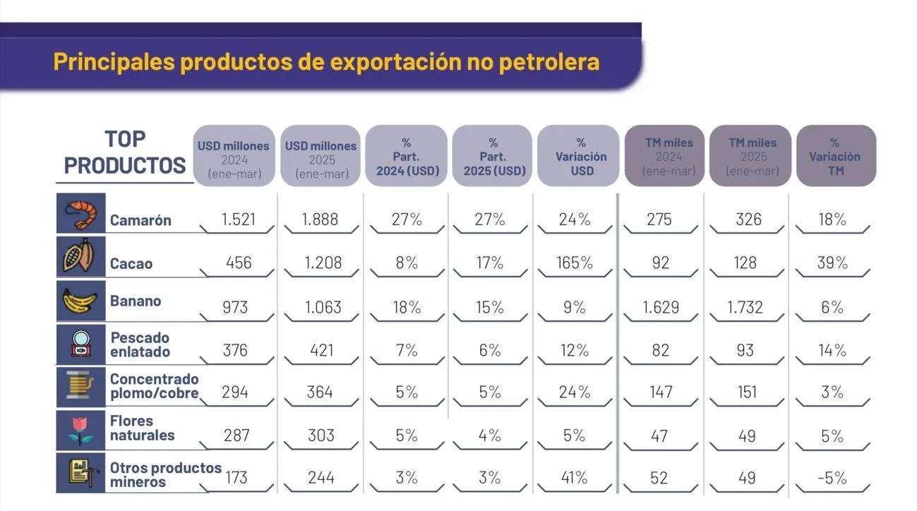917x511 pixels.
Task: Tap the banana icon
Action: pos(80,301)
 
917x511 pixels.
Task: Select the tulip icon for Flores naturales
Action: pos(80,431)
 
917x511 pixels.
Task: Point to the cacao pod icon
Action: pos(79,255)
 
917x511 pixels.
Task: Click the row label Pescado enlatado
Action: pos(140,344)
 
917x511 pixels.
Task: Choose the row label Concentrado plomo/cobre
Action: pos(155,386)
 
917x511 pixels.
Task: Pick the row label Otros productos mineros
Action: pos(165,474)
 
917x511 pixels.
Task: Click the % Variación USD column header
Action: pos(581,157)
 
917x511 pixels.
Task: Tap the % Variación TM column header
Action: pos(834,157)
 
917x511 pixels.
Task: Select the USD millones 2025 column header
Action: pos(321,160)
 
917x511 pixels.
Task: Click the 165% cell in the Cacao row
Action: pos(575,263)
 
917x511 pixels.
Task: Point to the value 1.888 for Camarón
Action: pos(320,220)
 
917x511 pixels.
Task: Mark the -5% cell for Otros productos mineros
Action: pos(832,478)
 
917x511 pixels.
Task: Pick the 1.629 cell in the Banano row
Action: pos(660,307)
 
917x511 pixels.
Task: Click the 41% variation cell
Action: pos(575,478)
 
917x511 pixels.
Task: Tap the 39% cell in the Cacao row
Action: pos(832,263)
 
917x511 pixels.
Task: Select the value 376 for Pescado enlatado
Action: pos(235,351)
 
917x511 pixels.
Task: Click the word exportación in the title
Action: pos(396,62)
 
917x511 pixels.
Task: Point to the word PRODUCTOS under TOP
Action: pos(124,165)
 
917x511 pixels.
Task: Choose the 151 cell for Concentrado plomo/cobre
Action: pos(747,392)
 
